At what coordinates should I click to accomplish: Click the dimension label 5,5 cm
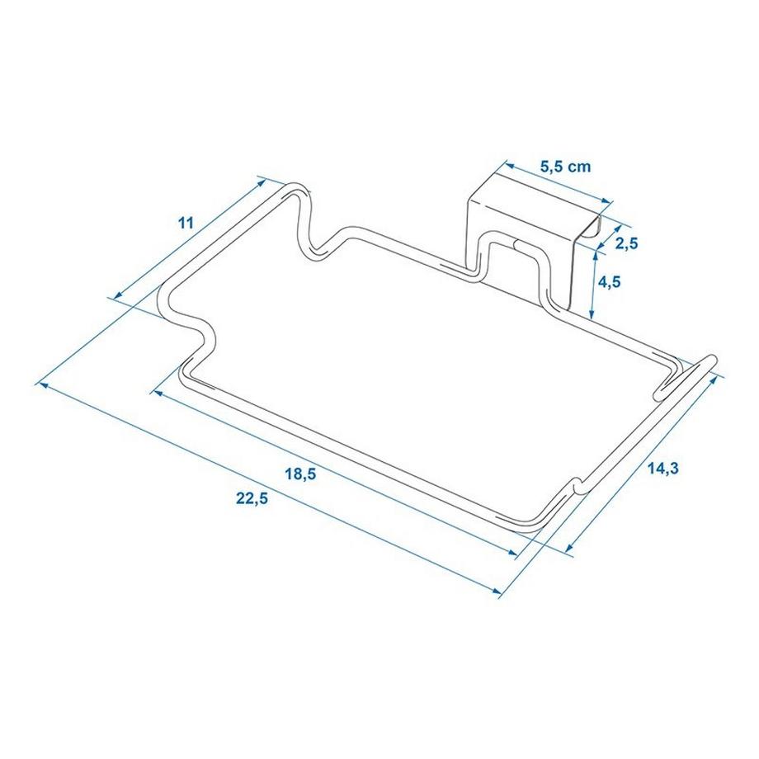coord(565,166)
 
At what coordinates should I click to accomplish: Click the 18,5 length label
coord(300,474)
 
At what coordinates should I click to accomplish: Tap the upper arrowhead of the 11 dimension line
coord(262,179)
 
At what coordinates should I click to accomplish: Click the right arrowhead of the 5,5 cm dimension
coord(610,201)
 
